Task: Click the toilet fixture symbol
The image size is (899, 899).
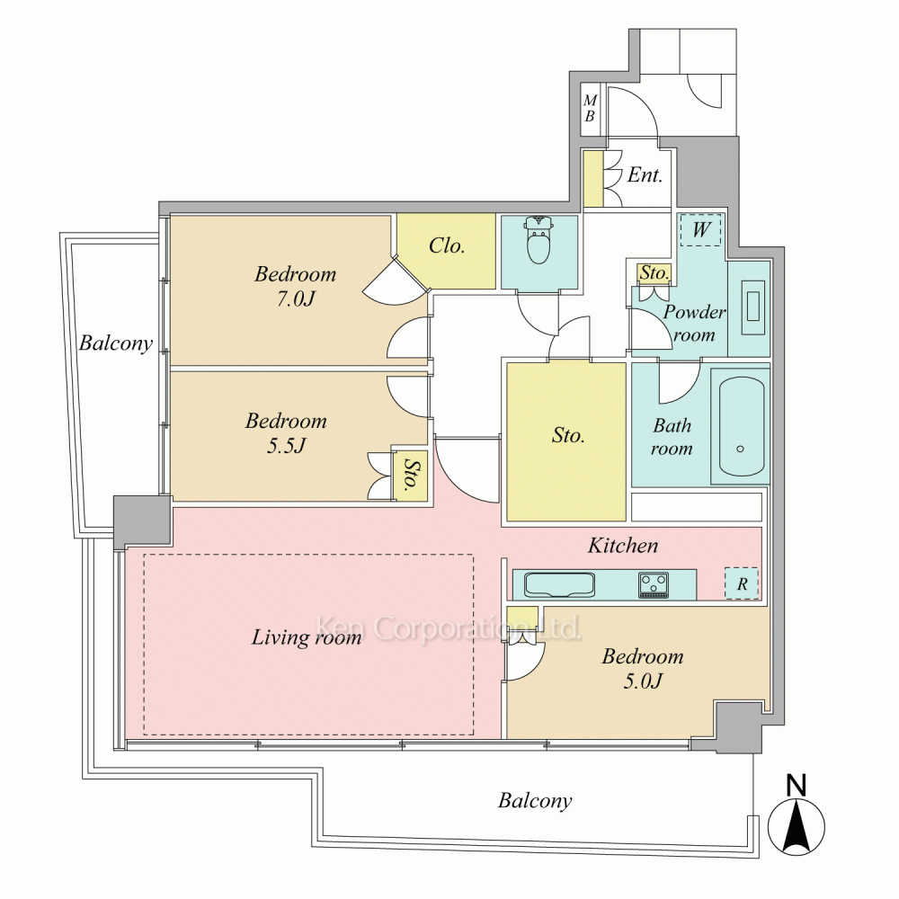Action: point(538,240)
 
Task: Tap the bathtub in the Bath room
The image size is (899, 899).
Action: point(740,426)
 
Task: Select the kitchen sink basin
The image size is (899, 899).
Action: point(559,585)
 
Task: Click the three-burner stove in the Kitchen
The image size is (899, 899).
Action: point(654,585)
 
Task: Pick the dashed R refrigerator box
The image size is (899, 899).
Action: point(742,583)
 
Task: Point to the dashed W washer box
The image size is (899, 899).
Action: point(700,230)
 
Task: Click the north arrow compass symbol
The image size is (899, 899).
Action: point(797,817)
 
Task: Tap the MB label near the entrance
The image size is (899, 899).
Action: point(590,109)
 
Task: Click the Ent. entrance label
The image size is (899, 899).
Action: point(645,175)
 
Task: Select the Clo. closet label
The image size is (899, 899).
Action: point(447,246)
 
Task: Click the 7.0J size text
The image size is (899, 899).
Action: point(296,298)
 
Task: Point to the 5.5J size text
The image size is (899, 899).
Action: point(286,446)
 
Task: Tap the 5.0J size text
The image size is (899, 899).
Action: point(643,681)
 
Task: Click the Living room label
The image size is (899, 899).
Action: point(307,637)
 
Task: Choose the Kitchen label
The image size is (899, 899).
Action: point(623,546)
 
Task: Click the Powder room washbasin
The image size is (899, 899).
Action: point(753,307)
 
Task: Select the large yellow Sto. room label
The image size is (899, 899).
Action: point(568,435)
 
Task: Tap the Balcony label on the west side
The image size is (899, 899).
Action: point(116,343)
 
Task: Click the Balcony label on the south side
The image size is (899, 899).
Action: point(535,800)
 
